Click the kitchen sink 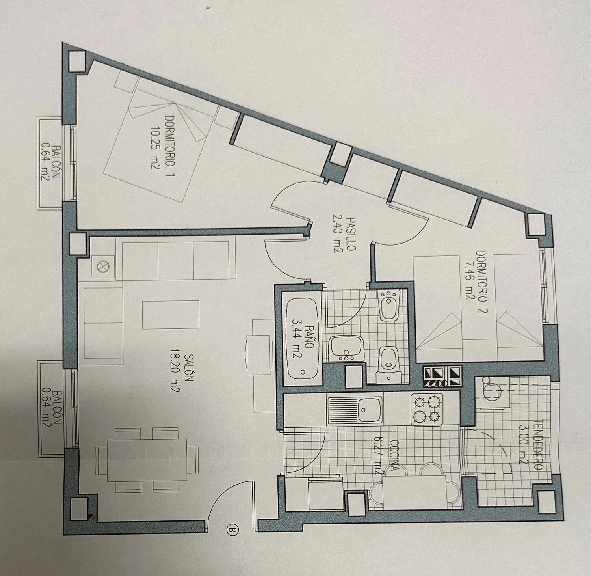coord(355,410)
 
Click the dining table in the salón coord(141,460)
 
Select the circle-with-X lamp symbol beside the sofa coord(101,267)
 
